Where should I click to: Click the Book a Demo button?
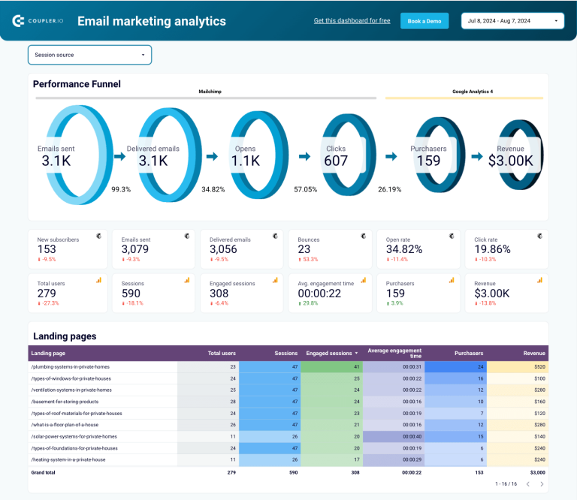[424, 21]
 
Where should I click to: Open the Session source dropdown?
[89, 55]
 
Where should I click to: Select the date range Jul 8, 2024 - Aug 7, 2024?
[512, 21]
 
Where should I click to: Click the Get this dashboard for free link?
[352, 21]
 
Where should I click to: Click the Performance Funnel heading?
[77, 84]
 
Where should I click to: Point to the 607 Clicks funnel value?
[336, 161]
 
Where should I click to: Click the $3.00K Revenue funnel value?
[510, 161]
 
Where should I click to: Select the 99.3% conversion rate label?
[121, 189]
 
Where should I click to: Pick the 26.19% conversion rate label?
[389, 189]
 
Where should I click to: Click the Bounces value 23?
[304, 249]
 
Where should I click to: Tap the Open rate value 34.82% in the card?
[403, 249]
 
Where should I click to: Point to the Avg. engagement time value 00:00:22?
[319, 294]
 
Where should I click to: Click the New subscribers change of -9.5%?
[48, 259]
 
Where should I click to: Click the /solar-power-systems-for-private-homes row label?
[74, 436]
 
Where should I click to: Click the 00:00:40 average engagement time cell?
[410, 436]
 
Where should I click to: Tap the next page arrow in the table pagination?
[542, 484]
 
